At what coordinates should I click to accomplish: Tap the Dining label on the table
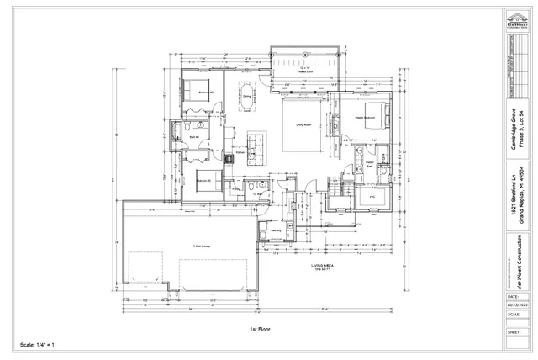point(247,95)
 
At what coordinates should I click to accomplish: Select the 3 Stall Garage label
point(201,246)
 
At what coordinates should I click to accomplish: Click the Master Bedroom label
point(362,117)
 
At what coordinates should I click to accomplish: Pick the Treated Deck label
point(305,74)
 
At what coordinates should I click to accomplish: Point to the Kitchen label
point(239,153)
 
